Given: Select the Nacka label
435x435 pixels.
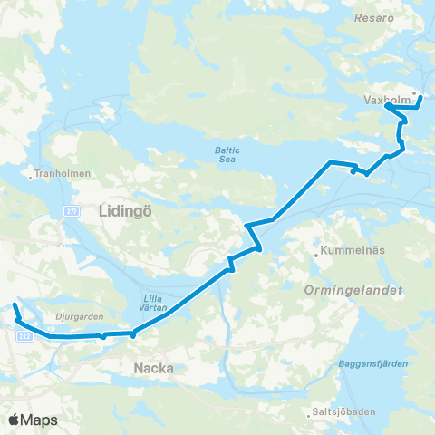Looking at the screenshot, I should coord(153,368).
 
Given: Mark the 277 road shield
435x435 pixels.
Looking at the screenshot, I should coord(70,210).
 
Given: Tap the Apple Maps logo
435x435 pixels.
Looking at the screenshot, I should coord(32,420).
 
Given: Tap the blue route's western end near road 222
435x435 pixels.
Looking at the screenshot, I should coord(12,298).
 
